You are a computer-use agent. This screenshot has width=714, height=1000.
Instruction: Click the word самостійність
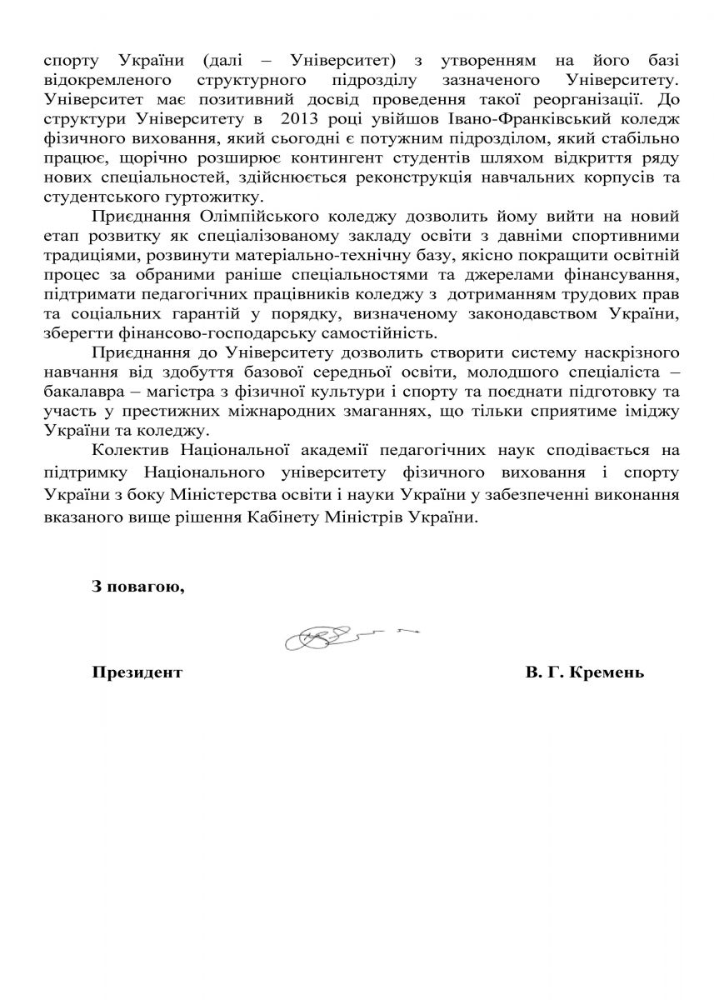[x=359, y=333]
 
